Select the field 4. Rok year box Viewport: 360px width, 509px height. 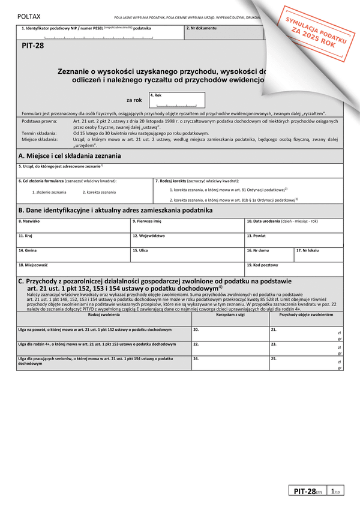pos(177,100)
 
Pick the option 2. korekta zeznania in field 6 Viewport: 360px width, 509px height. pos(99,192)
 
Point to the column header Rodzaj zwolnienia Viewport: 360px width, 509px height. pos(103,315)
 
